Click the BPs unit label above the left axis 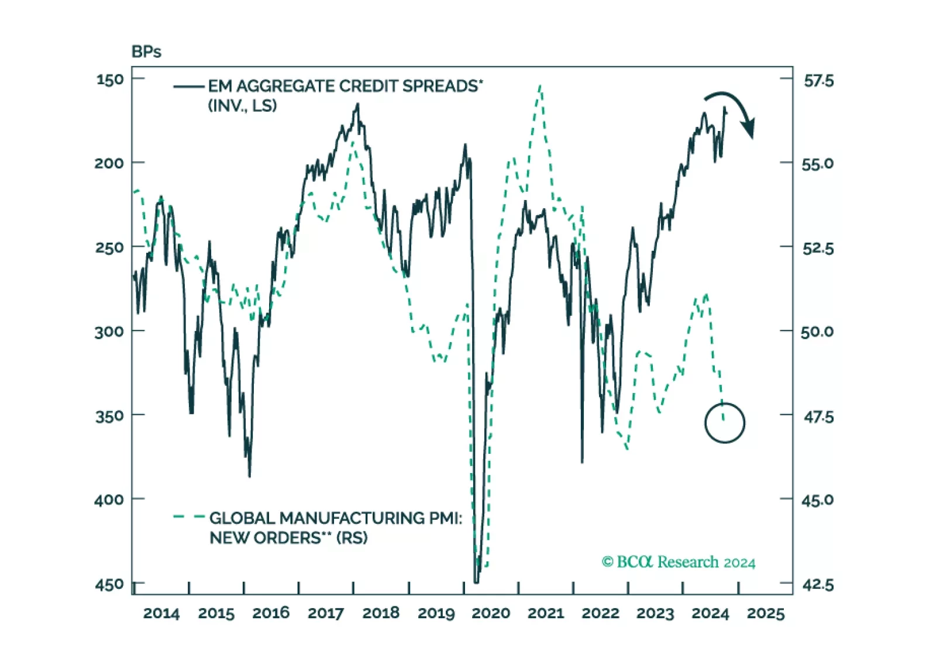[x=146, y=52]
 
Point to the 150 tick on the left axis [x=110, y=79]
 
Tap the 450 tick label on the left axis [x=110, y=584]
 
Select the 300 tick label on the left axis [x=110, y=332]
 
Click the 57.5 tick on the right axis [x=818, y=80]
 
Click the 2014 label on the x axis [x=161, y=613]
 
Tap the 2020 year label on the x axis [x=491, y=613]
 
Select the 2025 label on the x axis [x=765, y=613]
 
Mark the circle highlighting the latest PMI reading [x=725, y=422]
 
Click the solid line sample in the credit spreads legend [x=188, y=87]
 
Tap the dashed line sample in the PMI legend [x=188, y=517]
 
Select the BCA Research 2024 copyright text [x=679, y=562]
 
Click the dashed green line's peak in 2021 [x=540, y=86]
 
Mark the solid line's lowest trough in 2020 [x=476, y=581]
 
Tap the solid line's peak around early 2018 [x=357, y=105]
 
